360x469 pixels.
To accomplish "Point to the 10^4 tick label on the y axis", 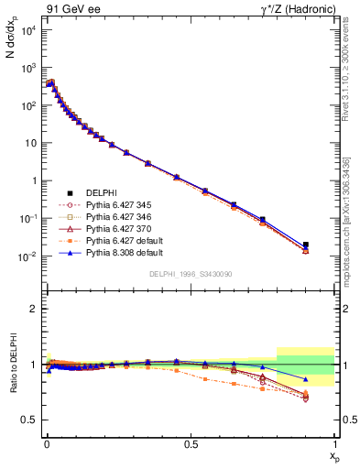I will pyautogui.click(x=27, y=30).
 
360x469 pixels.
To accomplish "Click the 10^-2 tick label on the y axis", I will pyautogui.click(x=27, y=256).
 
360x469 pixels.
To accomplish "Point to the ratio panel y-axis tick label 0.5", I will pyautogui.click(x=31, y=420).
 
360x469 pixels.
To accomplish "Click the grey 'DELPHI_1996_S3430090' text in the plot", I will pyautogui.click(x=191, y=274).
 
